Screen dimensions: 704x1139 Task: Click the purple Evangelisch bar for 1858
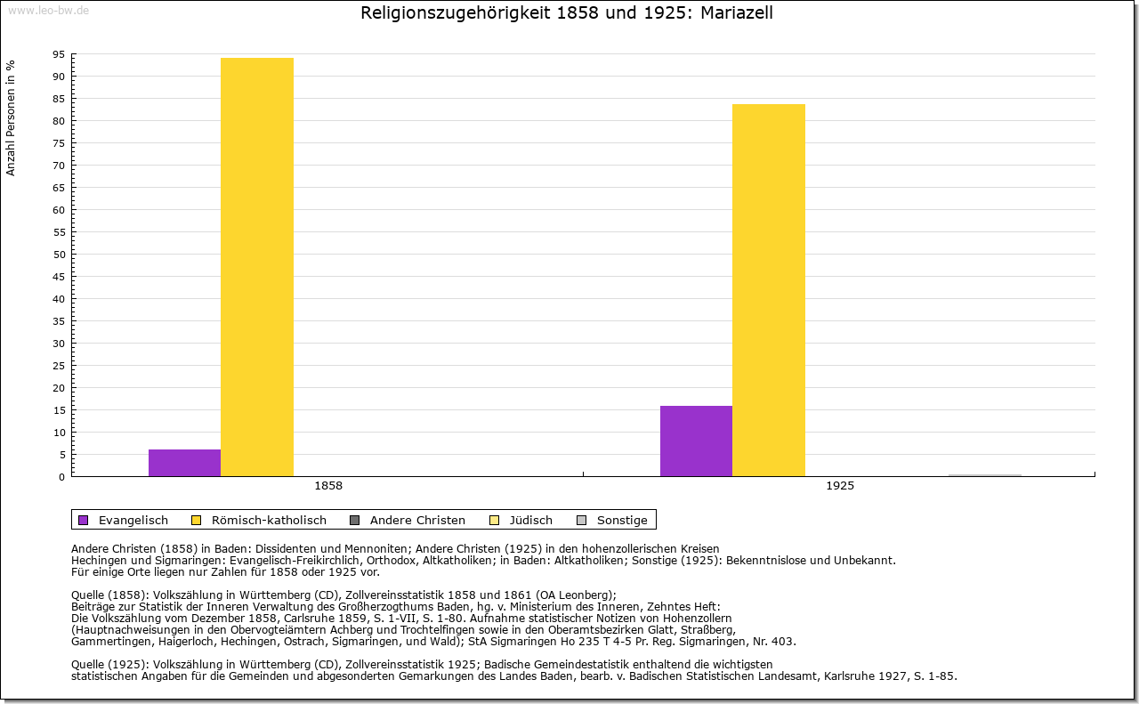click(x=184, y=463)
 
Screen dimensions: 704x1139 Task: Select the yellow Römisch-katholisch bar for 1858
click(x=257, y=267)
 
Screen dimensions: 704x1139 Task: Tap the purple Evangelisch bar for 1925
click(x=696, y=441)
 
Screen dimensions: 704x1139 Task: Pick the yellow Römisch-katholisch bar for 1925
click(x=769, y=290)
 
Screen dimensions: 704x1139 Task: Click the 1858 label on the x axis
click(x=328, y=486)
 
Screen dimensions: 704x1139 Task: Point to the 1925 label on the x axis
click(x=840, y=486)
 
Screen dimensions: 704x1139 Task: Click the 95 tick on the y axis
click(x=58, y=54)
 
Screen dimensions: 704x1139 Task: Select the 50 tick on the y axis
click(x=58, y=255)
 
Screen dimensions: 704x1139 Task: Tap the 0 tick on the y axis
click(x=61, y=477)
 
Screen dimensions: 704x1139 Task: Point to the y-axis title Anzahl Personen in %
click(x=12, y=117)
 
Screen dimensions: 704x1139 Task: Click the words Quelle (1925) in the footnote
click(x=109, y=664)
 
